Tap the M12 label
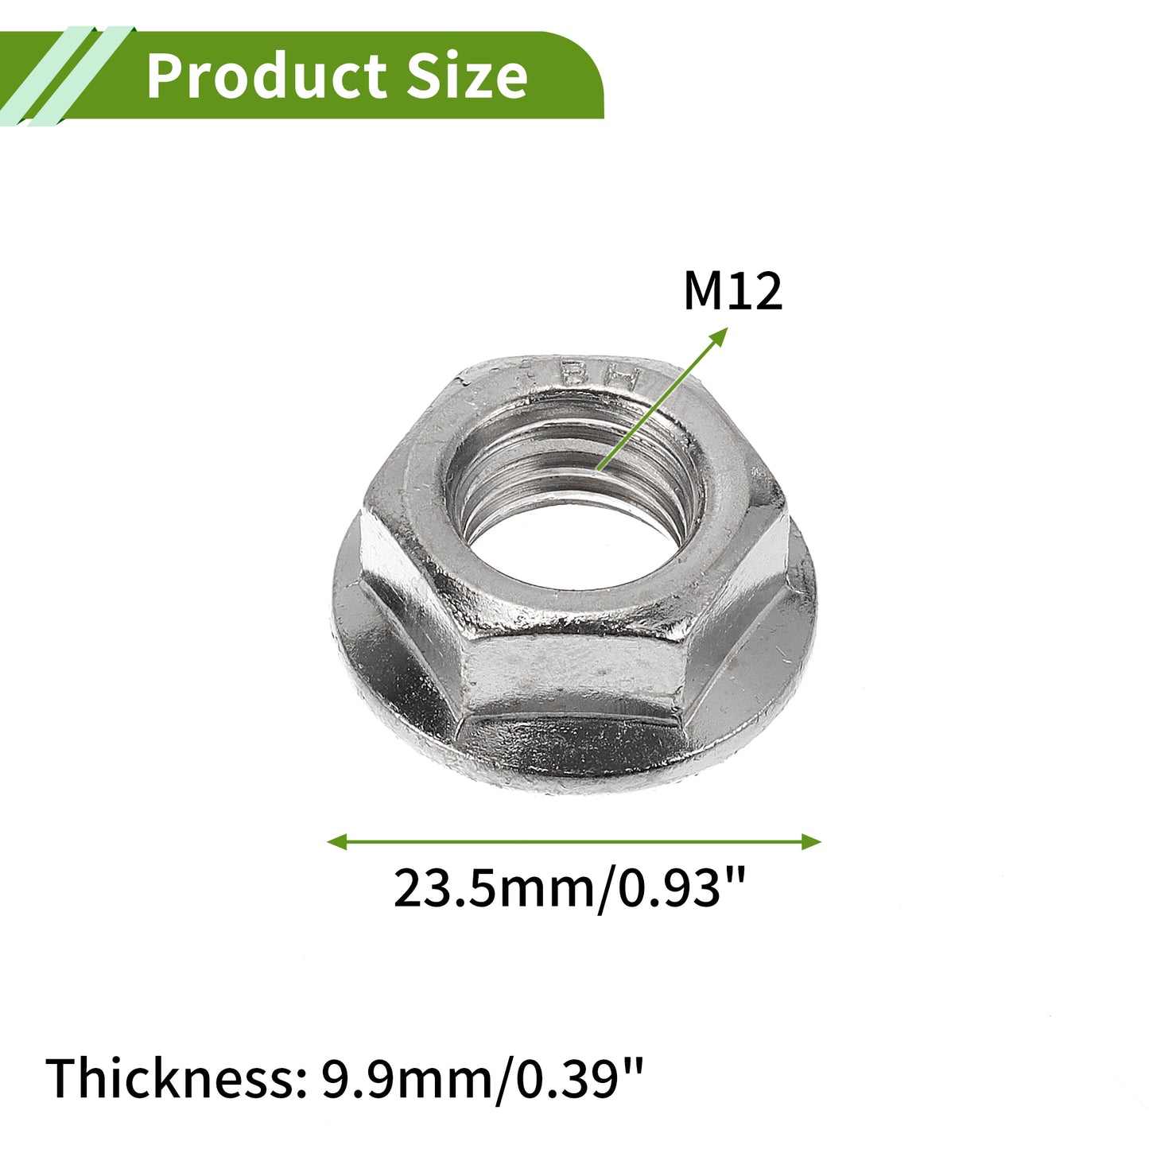732,292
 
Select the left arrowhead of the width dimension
337,841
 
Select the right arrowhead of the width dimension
812,841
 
